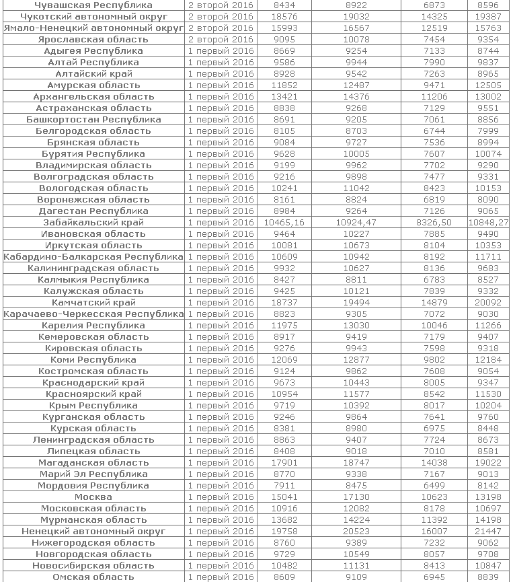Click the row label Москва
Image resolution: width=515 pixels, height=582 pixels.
coord(93,497)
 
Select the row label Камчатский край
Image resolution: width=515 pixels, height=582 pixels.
coord(93,303)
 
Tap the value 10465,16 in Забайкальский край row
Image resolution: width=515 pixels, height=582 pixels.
coord(284,223)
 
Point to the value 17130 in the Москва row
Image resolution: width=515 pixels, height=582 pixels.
coord(356,497)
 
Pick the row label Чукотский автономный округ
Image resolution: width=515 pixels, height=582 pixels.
coord(93,17)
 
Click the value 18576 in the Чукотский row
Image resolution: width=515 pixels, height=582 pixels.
coord(284,17)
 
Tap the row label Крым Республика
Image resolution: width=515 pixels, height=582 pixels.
coord(93,406)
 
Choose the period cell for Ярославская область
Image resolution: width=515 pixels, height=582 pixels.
coord(221,40)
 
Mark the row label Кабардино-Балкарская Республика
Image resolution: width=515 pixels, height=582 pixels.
coord(93,257)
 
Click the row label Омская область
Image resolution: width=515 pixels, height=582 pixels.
coord(93,577)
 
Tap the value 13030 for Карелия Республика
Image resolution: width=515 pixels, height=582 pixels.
coord(356,326)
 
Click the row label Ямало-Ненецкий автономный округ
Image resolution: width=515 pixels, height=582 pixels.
coord(93,28)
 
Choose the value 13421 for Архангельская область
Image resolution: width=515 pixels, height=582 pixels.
coord(284,97)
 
